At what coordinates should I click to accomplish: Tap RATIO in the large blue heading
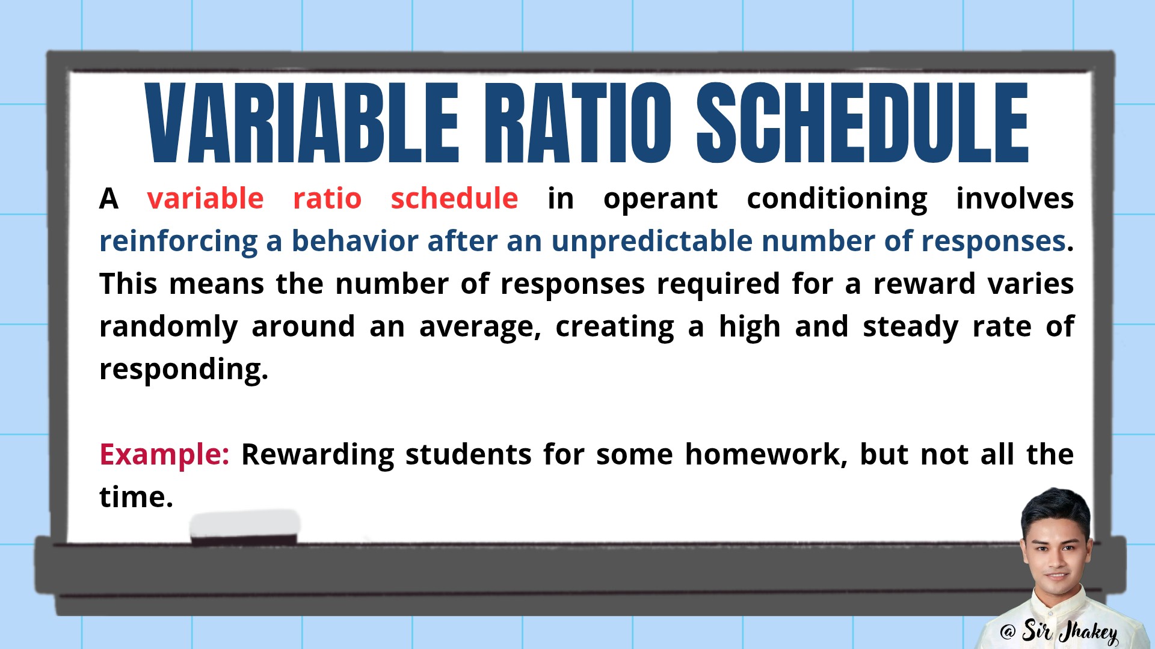[579, 123]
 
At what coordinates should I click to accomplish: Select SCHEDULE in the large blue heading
[863, 123]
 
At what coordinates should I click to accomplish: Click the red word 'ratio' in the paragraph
[327, 198]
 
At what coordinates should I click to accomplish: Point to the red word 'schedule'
[454, 198]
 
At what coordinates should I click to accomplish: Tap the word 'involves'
[1015, 198]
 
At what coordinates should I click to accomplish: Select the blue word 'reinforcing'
[179, 242]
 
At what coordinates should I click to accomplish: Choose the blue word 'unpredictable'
[652, 242]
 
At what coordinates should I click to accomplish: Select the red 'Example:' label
[164, 455]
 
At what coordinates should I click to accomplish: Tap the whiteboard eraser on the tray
[245, 528]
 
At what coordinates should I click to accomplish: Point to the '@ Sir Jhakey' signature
[1059, 632]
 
